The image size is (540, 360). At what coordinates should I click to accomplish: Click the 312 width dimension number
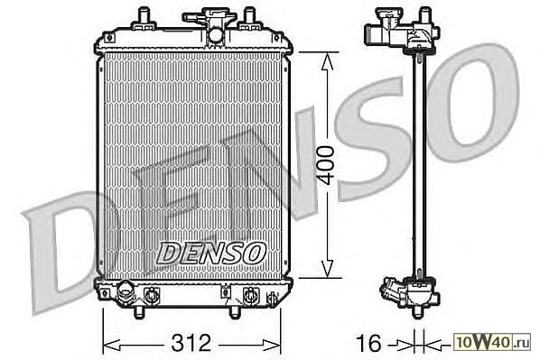coord(191,343)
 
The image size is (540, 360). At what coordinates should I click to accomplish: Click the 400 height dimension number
coord(326,165)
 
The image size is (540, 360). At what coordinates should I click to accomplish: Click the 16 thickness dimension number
coord(368,343)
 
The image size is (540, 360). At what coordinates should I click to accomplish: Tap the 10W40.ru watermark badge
coord(493,343)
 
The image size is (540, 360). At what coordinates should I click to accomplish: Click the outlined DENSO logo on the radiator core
coord(210,253)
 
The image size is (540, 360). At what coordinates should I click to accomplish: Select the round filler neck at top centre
coord(216,35)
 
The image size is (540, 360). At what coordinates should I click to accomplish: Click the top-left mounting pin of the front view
coord(144,15)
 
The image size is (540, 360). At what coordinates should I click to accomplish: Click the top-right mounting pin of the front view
coord(248,15)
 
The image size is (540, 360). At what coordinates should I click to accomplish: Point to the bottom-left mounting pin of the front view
coord(138,311)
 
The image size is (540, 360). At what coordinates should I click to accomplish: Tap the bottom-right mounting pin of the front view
coord(234,311)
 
